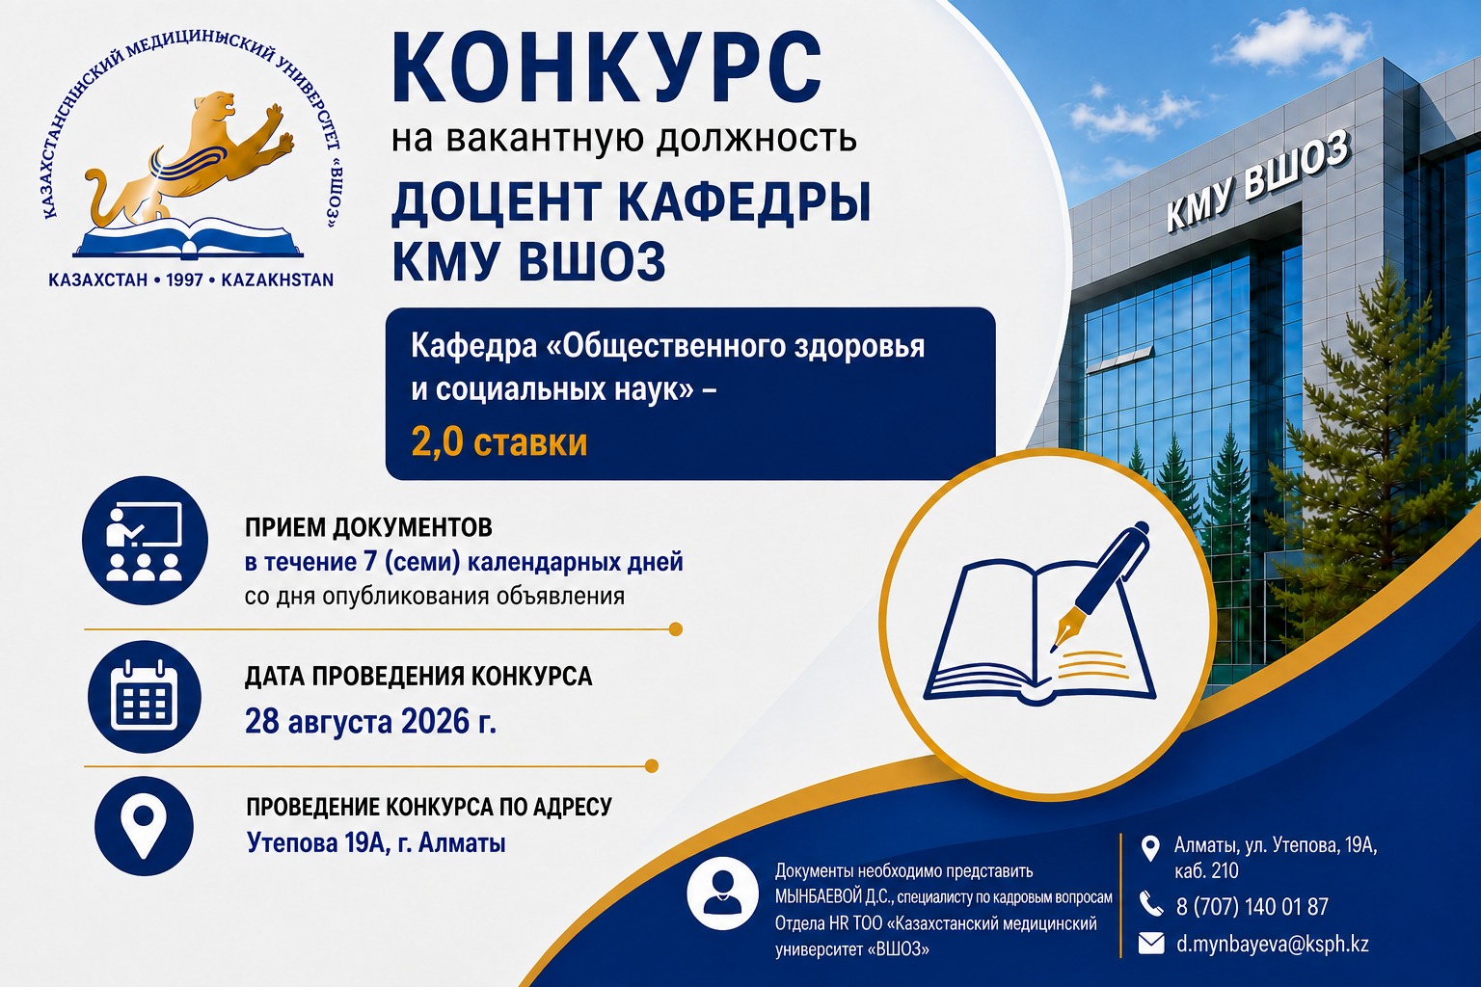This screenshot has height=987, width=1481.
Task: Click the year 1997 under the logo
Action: coord(184,280)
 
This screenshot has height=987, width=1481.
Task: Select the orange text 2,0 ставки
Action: coord(499,442)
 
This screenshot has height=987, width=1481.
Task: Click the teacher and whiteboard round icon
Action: coord(145,541)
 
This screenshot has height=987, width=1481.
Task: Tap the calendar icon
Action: coord(144,697)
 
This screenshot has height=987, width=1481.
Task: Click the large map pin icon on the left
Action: coord(144,826)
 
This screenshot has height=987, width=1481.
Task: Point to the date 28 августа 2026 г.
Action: coord(370,721)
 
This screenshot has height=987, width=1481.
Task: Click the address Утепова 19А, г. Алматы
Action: coord(376,843)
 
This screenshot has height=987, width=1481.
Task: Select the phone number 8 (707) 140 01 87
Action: coord(1252,906)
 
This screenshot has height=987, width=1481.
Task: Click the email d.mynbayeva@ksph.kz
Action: coord(1272,944)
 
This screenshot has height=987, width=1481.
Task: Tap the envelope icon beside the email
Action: coord(1151,944)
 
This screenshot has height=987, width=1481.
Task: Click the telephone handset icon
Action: coord(1151,904)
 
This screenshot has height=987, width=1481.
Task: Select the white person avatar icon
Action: coord(722,894)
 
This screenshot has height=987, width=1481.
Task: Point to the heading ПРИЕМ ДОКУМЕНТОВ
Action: coord(369,527)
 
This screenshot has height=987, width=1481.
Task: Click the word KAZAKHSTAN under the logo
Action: coord(277,280)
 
